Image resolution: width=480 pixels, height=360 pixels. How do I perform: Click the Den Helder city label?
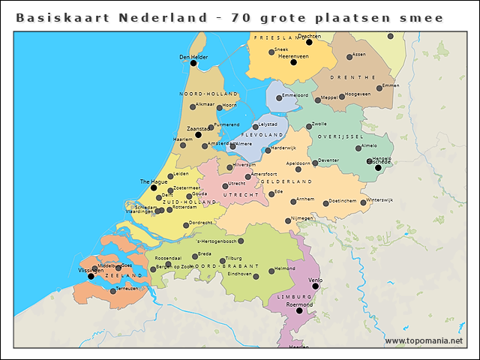point(193,56)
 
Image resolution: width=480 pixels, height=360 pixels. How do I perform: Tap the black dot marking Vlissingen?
point(91,276)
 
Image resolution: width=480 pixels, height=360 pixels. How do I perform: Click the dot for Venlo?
point(315,286)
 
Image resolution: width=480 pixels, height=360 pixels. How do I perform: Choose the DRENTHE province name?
point(357,76)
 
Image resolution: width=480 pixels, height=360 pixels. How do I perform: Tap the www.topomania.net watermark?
point(424,340)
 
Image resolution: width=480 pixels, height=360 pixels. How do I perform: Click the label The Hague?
point(153,182)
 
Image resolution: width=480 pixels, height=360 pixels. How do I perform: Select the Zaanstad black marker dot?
point(199,135)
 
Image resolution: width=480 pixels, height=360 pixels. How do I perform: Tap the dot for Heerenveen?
point(293,62)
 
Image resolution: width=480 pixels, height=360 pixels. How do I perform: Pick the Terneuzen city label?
point(127,287)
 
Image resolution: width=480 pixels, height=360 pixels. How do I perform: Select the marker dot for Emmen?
point(379,88)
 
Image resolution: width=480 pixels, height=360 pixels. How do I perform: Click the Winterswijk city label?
point(379,200)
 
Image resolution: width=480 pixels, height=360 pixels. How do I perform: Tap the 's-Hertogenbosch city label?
point(216,241)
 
